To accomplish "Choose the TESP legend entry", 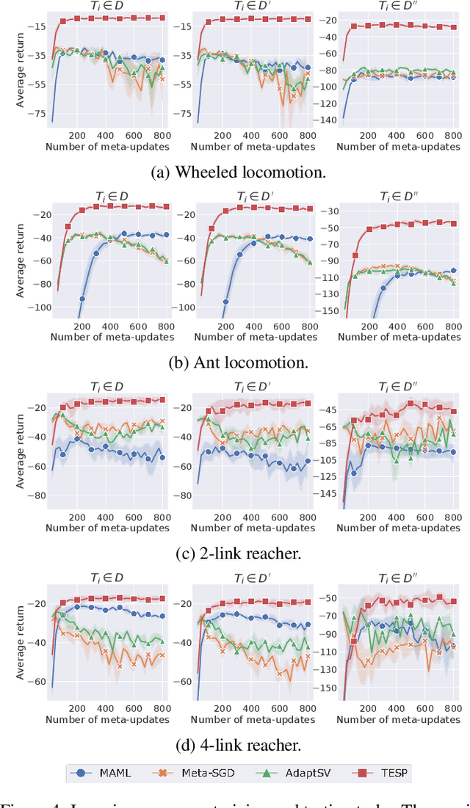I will tap(377, 772).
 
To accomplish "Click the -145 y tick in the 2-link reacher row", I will tap(328, 493).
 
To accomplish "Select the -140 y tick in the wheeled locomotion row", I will tap(328, 119).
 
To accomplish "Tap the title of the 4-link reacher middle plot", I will tap(253, 578).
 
